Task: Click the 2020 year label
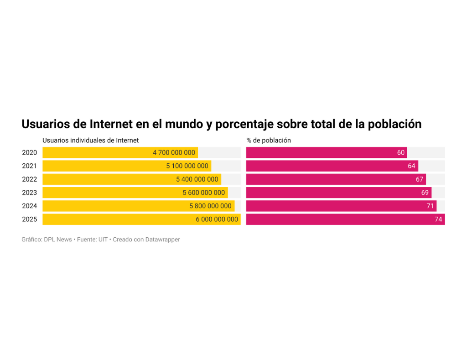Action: click(30, 153)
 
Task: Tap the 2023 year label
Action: click(30, 193)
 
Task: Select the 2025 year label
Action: click(30, 219)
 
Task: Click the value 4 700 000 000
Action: click(174, 153)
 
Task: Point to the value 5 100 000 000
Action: click(187, 166)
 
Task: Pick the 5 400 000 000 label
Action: click(197, 179)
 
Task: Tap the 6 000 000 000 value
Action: click(217, 219)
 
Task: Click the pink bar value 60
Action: click(400, 153)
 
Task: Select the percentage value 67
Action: click(420, 179)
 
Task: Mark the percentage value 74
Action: click(438, 219)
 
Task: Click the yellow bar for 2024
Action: click(114, 206)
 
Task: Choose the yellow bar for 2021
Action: click(100, 166)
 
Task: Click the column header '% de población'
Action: click(269, 141)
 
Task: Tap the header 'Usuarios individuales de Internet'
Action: click(90, 141)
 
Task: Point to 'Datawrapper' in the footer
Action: click(162, 240)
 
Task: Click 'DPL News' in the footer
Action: click(58, 240)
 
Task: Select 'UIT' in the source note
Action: click(103, 240)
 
